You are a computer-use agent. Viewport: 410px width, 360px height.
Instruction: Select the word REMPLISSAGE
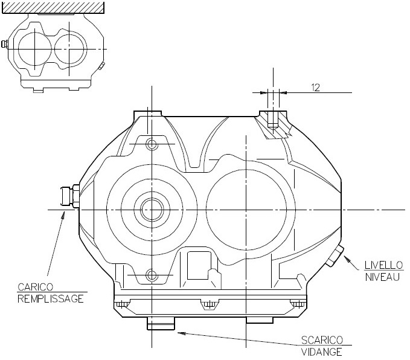click(51, 298)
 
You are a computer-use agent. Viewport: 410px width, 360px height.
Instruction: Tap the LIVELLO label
click(384, 265)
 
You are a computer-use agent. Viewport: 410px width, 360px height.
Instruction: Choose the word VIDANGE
click(321, 352)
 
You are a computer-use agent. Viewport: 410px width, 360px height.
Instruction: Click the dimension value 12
click(315, 87)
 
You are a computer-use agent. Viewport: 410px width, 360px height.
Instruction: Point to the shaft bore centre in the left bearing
click(150, 210)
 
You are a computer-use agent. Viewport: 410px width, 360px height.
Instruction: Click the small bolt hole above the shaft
click(150, 144)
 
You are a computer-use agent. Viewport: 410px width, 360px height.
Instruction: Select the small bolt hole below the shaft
click(150, 276)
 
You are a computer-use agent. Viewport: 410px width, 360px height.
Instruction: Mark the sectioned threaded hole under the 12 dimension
click(272, 121)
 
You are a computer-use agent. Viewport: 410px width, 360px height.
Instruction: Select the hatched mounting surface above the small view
click(53, 7)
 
